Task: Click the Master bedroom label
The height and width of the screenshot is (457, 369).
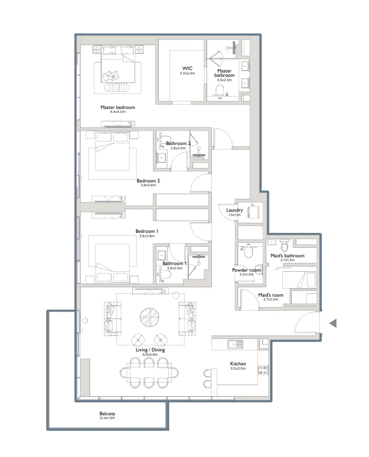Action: tap(117, 108)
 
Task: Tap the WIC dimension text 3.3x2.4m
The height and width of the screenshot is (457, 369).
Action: tap(187, 73)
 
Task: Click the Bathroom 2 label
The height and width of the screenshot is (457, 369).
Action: tap(178, 144)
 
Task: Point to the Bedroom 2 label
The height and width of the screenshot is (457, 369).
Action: tap(148, 181)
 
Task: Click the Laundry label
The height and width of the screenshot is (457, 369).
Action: tap(235, 210)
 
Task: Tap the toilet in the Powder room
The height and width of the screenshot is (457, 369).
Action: tap(248, 252)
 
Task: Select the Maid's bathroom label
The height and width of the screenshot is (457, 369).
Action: tap(287, 256)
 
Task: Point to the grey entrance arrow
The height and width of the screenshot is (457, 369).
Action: tap(333, 324)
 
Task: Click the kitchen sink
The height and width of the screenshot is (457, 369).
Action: tap(235, 344)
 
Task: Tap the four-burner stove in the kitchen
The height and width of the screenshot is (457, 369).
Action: tap(263, 370)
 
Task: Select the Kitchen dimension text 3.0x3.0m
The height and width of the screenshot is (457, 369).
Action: tap(238, 369)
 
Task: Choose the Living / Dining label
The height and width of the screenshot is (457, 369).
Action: tap(150, 350)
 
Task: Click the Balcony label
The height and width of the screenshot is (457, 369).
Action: tap(107, 414)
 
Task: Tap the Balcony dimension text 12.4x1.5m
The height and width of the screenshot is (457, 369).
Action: tap(107, 419)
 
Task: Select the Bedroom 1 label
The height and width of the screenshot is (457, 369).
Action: tap(148, 231)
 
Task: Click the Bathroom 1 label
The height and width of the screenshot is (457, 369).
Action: tap(174, 264)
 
